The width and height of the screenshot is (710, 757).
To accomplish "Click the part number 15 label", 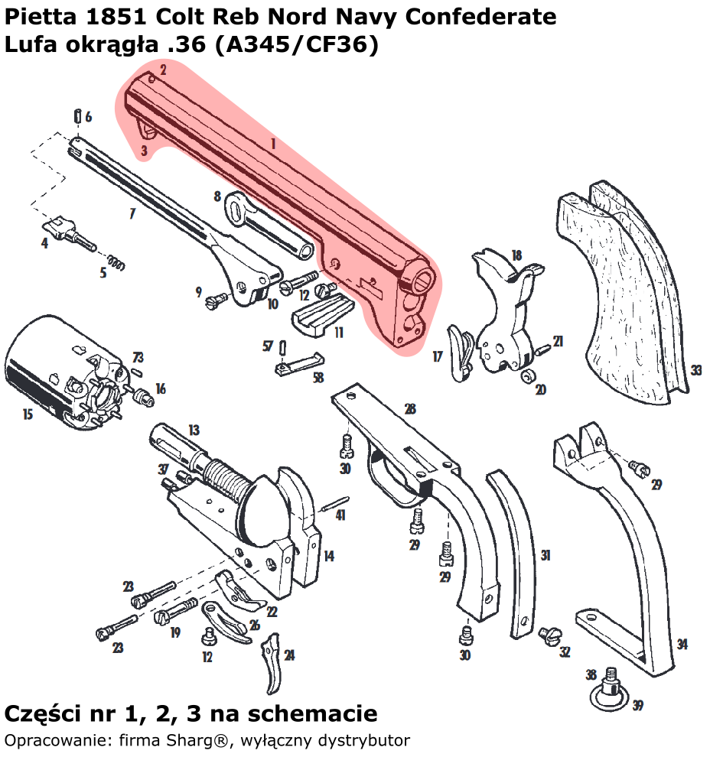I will [28, 414].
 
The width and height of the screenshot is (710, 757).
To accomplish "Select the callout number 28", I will [411, 409].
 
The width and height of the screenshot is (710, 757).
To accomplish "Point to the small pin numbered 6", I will [78, 116].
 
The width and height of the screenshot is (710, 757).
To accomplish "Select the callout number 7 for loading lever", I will [132, 213].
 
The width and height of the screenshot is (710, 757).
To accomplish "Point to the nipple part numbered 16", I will [141, 397].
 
